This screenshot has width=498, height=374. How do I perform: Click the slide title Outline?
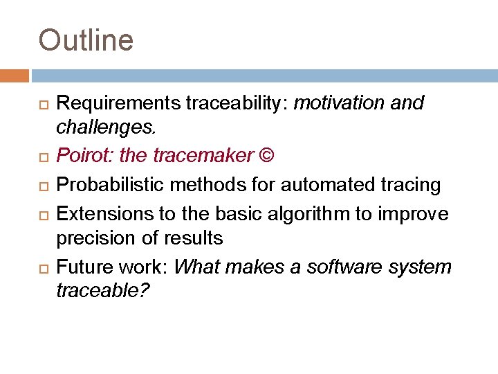coord(86,40)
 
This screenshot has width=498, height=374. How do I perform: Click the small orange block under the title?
coord(15,75)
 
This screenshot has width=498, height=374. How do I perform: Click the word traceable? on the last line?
coord(102,291)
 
